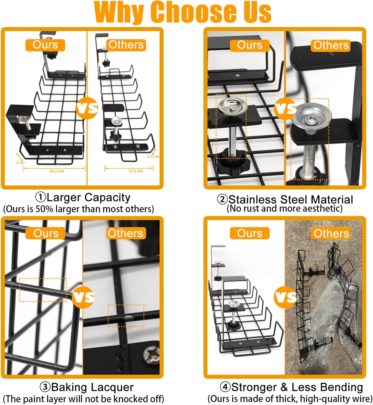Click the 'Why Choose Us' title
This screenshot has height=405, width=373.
pyautogui.click(x=183, y=12)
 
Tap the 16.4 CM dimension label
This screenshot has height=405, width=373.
pyautogui.click(x=57, y=171)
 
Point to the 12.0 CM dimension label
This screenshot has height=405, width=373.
pyautogui.click(x=136, y=171)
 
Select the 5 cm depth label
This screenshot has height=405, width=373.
pyautogui.click(x=20, y=162)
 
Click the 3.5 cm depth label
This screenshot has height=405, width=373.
pyautogui.click(x=153, y=157)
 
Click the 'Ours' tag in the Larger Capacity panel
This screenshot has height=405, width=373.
pyautogui.click(x=45, y=45)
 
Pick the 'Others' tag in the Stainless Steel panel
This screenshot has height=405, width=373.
pyautogui.click(x=331, y=45)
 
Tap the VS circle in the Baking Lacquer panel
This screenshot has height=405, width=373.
pyautogui.click(x=83, y=297)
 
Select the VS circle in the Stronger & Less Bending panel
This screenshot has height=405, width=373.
pyautogui.click(x=285, y=297)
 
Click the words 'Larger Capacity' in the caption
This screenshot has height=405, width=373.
pyautogui.click(x=88, y=198)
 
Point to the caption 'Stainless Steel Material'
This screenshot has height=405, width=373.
pyautogui.click(x=291, y=200)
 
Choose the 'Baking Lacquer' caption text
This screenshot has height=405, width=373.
pyautogui.click(x=92, y=387)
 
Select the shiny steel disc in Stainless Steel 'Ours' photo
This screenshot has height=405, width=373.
pyautogui.click(x=233, y=106)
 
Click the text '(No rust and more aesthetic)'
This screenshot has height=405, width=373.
pyautogui.click(x=285, y=208)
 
